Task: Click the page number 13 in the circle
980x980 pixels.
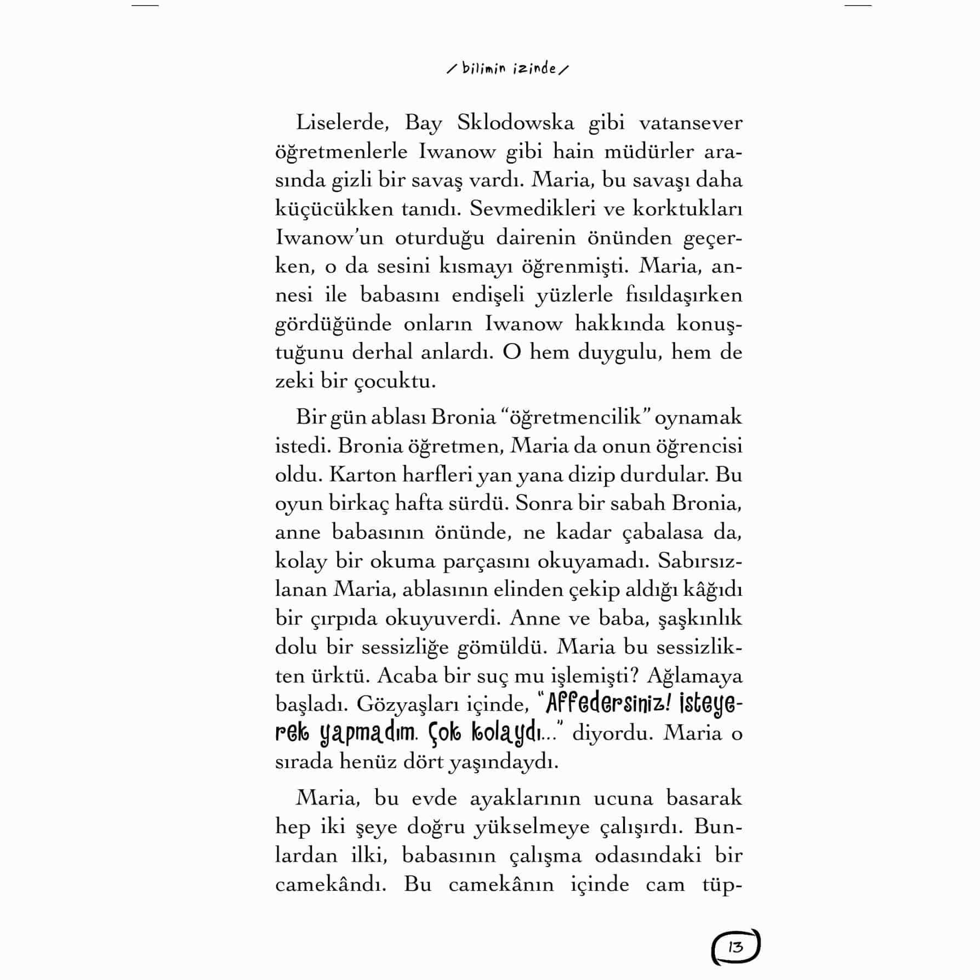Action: click(736, 947)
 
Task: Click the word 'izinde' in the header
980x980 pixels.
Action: click(535, 69)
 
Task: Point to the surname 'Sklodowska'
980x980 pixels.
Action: click(515, 123)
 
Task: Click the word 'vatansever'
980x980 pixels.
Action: click(691, 123)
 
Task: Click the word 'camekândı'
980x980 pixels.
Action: click(331, 884)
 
